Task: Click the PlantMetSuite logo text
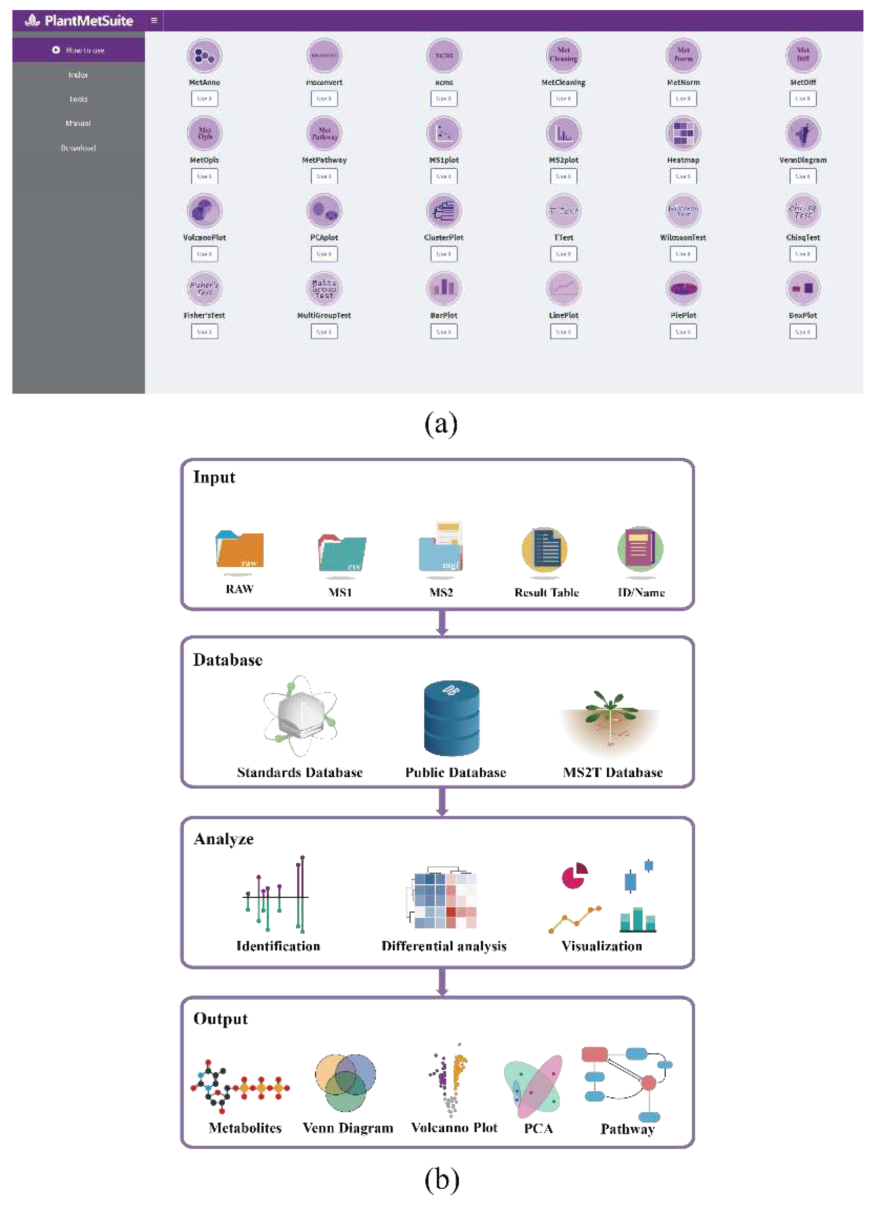coord(88,21)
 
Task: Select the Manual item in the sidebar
coord(78,123)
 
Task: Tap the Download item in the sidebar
coord(78,148)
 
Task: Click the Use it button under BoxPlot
coord(803,332)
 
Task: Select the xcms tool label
coord(444,82)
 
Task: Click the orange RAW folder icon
coord(240,549)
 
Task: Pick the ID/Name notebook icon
coord(640,548)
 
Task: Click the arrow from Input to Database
coord(442,623)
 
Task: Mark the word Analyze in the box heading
coord(224,839)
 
